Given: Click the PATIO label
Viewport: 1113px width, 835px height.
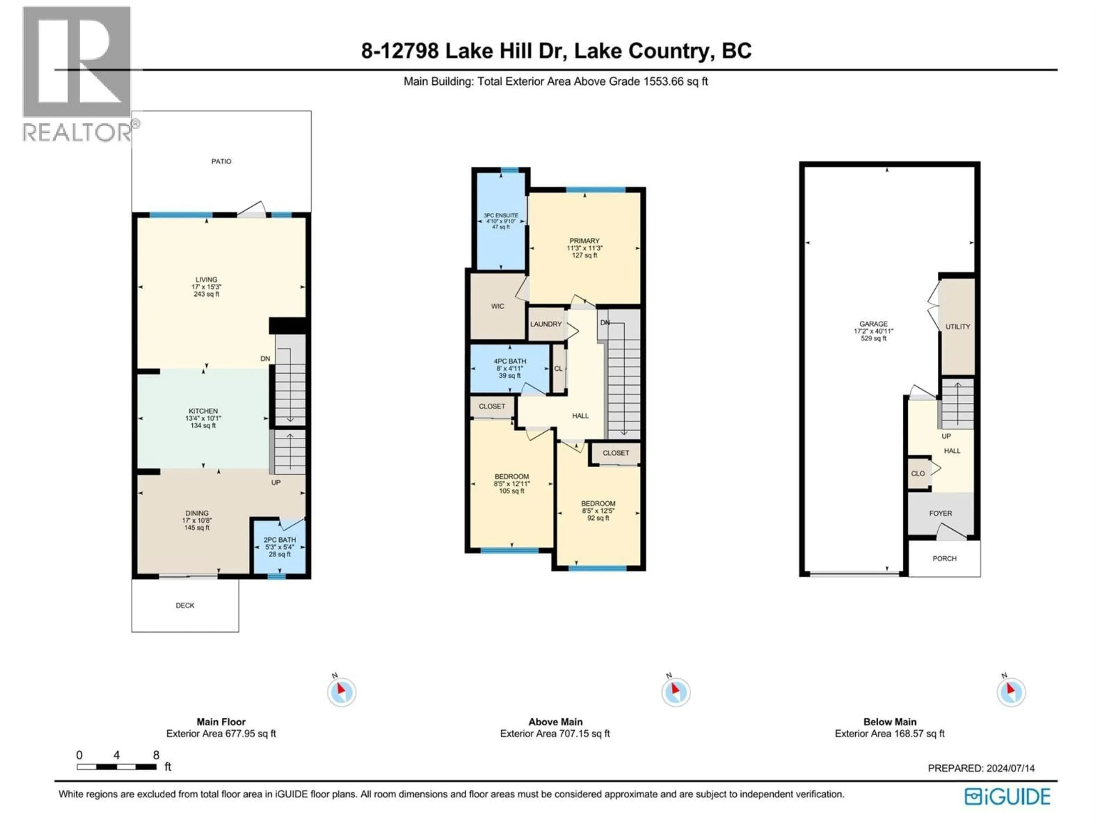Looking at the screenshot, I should click(221, 161).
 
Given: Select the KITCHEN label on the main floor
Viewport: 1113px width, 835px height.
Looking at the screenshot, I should click(203, 411).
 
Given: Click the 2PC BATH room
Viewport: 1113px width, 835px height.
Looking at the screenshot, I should click(280, 547).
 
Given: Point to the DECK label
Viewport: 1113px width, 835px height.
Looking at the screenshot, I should click(185, 605).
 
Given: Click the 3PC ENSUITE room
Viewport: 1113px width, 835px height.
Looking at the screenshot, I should click(501, 222).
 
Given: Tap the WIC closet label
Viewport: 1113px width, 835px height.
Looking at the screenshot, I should click(498, 306).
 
